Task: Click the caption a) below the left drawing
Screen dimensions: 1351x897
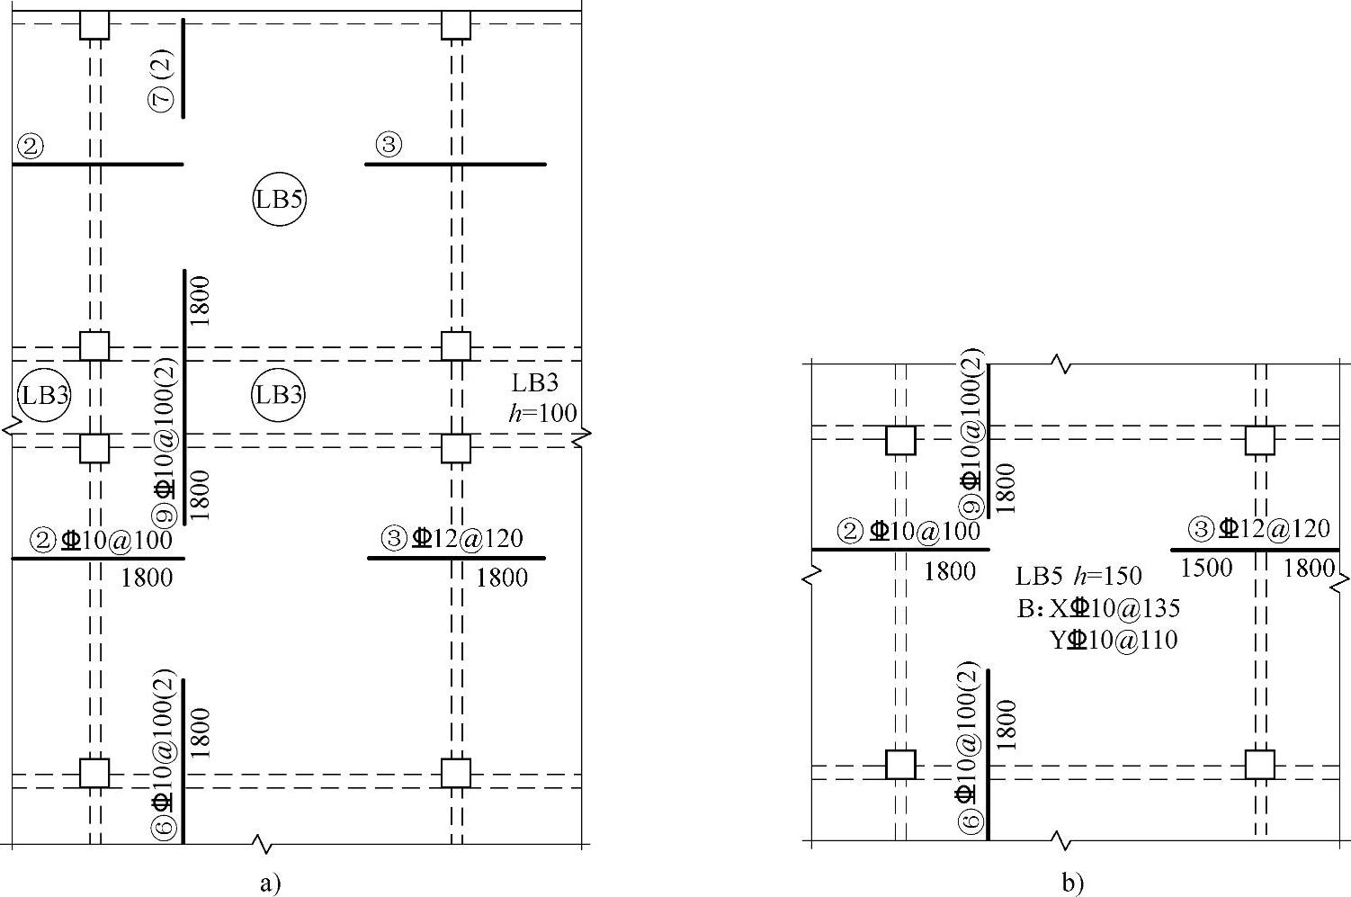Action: tap(270, 884)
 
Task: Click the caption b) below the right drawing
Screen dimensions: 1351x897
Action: tap(1073, 884)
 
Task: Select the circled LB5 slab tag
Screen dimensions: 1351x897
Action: tap(279, 199)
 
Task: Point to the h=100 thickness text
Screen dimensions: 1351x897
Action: tap(542, 413)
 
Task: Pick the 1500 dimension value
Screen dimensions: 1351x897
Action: tap(1205, 569)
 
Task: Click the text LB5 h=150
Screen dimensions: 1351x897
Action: tap(1078, 576)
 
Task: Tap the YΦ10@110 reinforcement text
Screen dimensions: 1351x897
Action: tap(1114, 640)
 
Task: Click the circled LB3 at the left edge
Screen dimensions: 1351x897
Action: tap(45, 395)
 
